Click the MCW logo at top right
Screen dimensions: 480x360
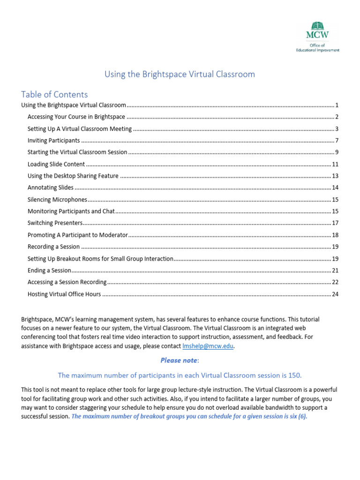317,29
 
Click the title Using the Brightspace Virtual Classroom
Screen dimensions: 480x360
180,74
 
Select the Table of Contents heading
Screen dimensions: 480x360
54,94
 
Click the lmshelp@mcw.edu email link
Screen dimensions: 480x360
207,346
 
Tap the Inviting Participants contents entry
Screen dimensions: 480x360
53,141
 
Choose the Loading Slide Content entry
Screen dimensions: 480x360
56,164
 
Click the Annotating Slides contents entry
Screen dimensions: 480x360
50,187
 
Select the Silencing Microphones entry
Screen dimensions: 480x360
57,199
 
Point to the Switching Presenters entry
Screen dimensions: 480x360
55,223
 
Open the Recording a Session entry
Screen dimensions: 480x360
53,247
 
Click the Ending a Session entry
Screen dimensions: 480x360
49,270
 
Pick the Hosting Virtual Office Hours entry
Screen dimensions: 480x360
64,294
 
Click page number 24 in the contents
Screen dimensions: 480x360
335,294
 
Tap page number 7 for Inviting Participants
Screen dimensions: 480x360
337,141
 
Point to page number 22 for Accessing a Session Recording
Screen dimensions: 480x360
335,282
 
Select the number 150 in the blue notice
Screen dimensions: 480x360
295,375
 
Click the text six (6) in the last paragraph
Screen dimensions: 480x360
296,416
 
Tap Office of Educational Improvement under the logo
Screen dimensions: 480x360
317,47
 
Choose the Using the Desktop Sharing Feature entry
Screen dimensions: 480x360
73,176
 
